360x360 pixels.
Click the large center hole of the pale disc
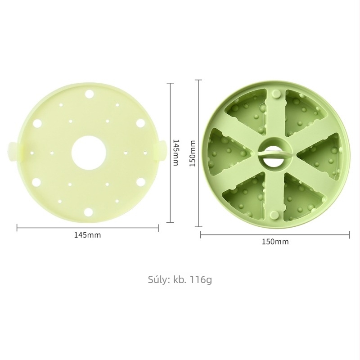point(89,153)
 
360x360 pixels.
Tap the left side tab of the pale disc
point(14,152)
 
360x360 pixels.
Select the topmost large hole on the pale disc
point(90,94)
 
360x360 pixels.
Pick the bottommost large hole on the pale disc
point(88,212)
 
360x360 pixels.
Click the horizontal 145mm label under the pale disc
point(87,235)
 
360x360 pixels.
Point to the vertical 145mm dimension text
point(175,153)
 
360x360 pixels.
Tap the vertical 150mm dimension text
point(192,153)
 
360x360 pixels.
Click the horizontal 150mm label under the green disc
point(275,242)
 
